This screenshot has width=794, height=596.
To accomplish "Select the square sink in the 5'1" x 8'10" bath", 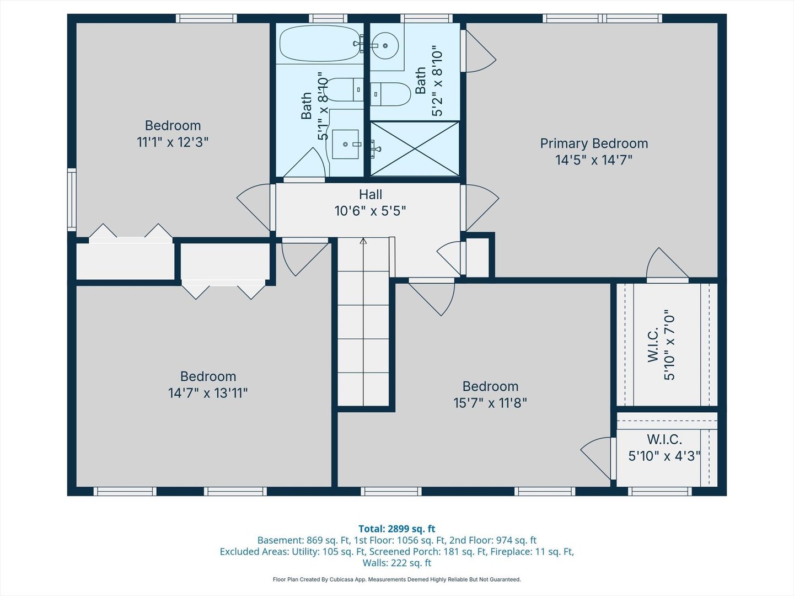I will tap(346, 145).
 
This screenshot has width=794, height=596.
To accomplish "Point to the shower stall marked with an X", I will tap(415, 149).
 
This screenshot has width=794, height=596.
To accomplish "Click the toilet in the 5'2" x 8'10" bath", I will tap(391, 94).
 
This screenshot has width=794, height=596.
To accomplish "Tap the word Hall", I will tap(370, 195).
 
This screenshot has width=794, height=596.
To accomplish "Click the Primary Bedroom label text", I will tap(594, 143).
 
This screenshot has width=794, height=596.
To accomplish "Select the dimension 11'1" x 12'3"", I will tap(173, 142).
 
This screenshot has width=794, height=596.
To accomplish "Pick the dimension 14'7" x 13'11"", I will tap(208, 393).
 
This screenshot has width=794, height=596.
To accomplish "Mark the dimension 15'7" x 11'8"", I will tap(490, 403).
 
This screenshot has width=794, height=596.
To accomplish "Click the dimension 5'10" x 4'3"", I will tap(664, 456).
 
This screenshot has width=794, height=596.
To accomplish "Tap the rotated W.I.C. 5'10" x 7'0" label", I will tap(661, 345).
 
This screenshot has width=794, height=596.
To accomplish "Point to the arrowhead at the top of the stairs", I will tap(363, 241).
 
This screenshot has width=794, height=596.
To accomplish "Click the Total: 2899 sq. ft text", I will tap(396, 529).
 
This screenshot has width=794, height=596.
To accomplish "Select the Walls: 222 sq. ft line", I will tap(396, 563).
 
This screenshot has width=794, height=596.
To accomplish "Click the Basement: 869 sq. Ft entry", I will tap(304, 540).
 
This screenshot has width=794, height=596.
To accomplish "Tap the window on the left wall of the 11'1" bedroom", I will tap(72, 199).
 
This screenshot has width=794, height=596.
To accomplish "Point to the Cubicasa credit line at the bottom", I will tap(396, 579).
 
